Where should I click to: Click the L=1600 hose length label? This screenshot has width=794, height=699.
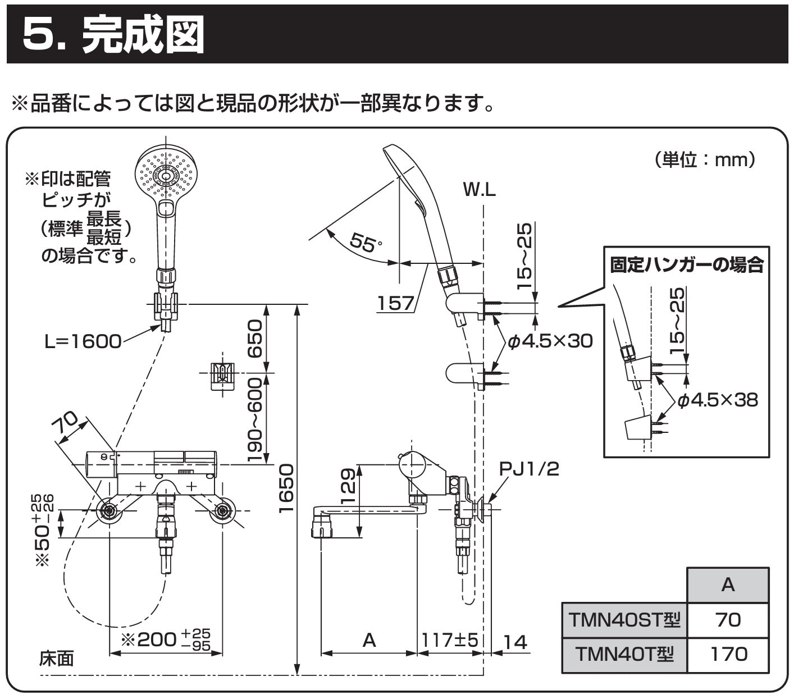coord(83,341)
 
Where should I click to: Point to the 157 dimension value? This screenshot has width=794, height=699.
coord(395,303)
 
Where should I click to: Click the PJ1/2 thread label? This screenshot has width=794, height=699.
coord(530,468)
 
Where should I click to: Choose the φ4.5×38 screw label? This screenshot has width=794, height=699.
coord(717,400)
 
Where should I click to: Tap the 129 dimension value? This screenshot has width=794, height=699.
coord(348,486)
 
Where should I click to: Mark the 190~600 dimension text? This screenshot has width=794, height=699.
coord(255,420)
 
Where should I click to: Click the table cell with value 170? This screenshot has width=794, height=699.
coord(728,654)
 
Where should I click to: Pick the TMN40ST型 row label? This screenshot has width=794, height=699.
coord(624,620)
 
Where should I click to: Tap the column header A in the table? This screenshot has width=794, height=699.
coord(728,585)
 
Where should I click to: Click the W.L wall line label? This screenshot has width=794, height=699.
coord(479,190)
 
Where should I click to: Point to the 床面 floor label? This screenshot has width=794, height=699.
coord(56,658)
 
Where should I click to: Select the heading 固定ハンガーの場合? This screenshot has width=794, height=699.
coord(687,264)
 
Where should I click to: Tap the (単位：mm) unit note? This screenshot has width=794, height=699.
coord(705,160)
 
